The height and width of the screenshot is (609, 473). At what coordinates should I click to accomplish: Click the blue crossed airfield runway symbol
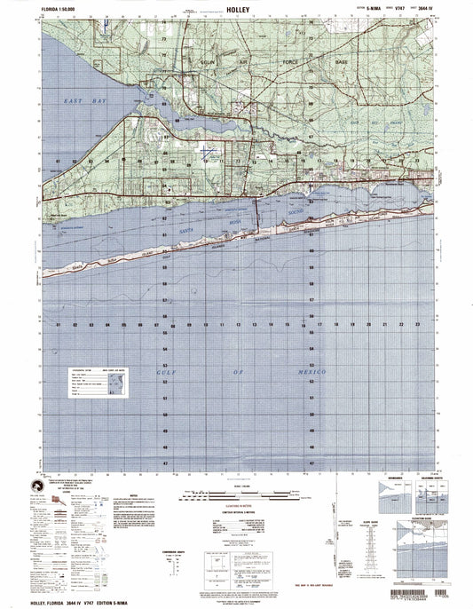click(206, 153)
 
